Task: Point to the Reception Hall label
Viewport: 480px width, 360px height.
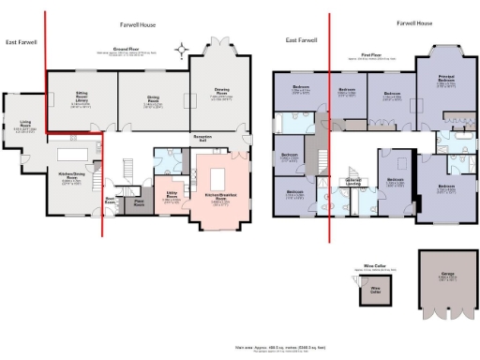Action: pyautogui.click(x=203, y=138)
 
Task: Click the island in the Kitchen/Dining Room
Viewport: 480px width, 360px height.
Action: pyautogui.click(x=70, y=153)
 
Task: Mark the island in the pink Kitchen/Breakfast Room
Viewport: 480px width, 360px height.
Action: pyautogui.click(x=223, y=176)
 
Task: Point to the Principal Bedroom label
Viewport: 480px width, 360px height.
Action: pyautogui.click(x=446, y=82)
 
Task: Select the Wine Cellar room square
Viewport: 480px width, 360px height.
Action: pyautogui.click(x=374, y=290)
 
